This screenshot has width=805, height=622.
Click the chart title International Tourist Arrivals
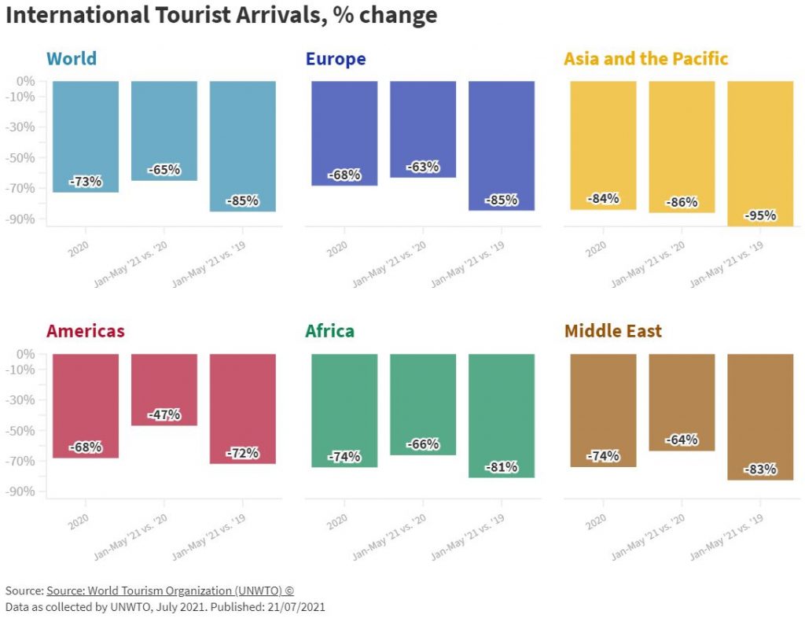(x=220, y=16)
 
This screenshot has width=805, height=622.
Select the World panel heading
(x=72, y=59)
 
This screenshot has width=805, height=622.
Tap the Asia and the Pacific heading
(x=646, y=59)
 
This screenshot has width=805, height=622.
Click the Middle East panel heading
(x=613, y=331)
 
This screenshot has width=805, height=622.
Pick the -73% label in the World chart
(x=86, y=182)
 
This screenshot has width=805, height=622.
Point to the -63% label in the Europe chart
(x=423, y=167)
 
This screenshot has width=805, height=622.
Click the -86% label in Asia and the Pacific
(x=682, y=202)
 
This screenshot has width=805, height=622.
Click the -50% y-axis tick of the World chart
(x=25, y=157)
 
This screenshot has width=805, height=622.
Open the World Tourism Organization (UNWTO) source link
(x=170, y=591)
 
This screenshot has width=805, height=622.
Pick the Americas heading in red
(x=86, y=331)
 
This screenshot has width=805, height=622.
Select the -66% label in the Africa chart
(x=423, y=445)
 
